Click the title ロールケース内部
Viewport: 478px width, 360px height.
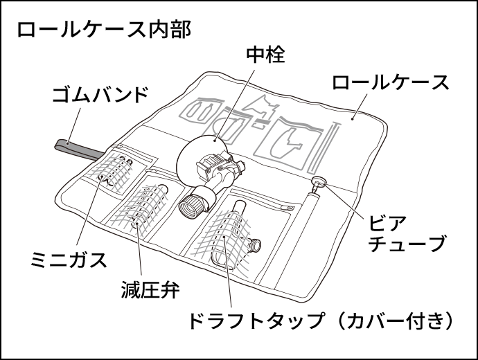(x=104, y=30)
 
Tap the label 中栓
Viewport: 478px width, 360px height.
(x=265, y=55)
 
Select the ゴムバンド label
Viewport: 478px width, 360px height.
(x=100, y=94)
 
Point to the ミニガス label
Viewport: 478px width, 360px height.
(x=69, y=260)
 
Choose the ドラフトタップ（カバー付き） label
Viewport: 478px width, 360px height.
(x=320, y=321)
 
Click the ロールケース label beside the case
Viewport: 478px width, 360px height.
(x=391, y=82)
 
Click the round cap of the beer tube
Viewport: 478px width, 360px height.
(x=319, y=182)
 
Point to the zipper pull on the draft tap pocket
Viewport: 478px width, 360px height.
(x=287, y=208)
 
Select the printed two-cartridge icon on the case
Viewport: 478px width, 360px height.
(x=202, y=111)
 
